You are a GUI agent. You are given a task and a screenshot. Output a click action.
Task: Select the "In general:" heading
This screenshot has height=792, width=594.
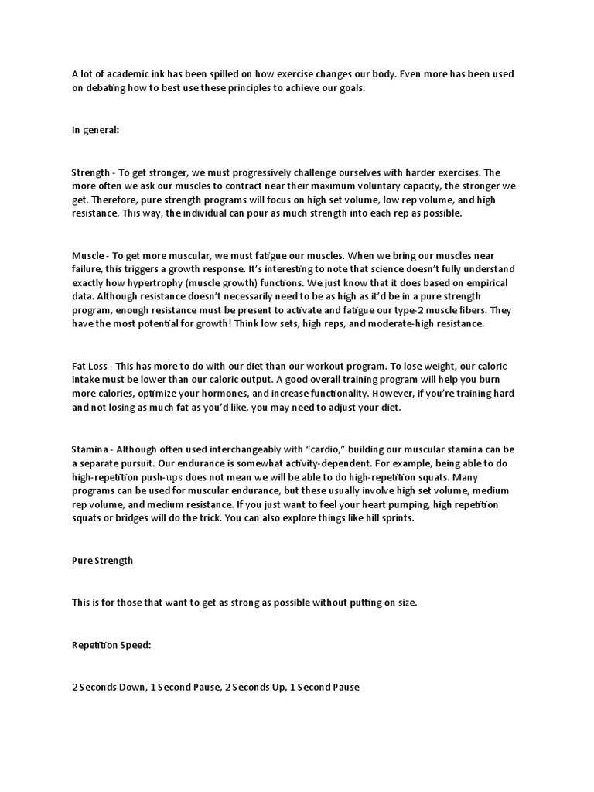coord(95,130)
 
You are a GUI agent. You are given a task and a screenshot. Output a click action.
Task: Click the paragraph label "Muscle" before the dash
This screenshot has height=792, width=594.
coord(87,255)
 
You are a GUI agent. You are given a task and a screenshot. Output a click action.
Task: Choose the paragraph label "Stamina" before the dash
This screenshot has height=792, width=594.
coord(90,449)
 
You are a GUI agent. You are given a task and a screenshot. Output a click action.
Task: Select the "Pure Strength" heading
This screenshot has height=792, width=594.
coord(102,561)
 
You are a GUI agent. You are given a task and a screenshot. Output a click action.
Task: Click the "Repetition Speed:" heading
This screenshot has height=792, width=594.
coord(111,644)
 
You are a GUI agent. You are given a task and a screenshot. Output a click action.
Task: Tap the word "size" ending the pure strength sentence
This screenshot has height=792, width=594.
coord(405,603)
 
